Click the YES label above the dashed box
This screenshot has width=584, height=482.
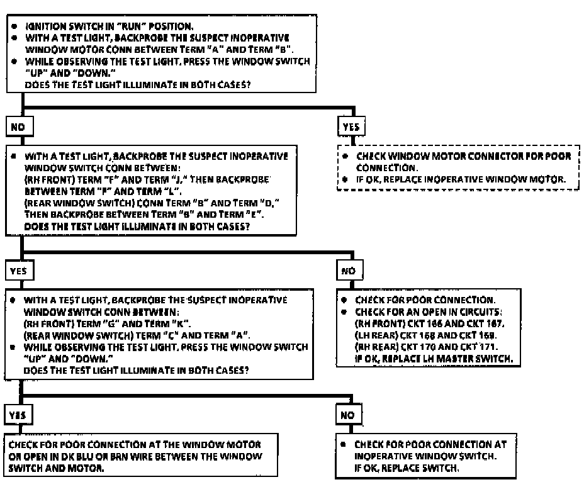click(350, 126)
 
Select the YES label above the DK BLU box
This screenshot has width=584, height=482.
click(17, 415)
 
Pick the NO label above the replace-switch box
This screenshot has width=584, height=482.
click(347, 415)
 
